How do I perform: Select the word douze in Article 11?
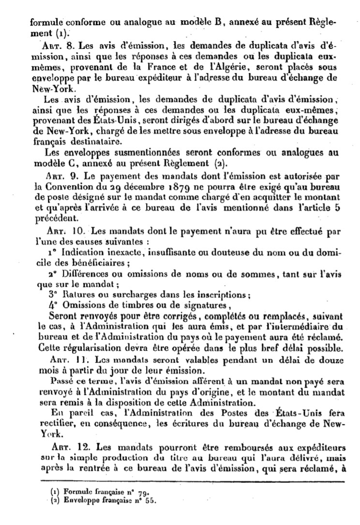tap(332, 360)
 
